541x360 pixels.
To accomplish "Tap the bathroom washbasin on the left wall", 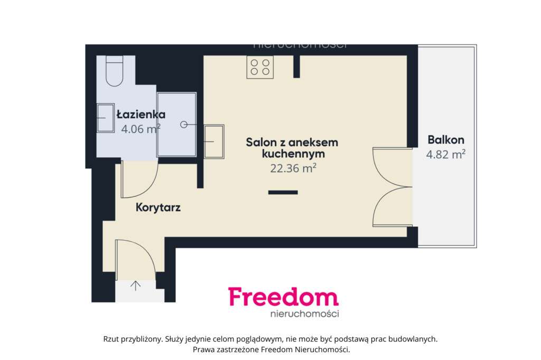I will [x=106, y=117].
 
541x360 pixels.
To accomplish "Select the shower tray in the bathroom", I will [x=176, y=125].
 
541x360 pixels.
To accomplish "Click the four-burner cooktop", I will [x=260, y=67].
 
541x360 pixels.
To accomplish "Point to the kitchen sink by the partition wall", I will [x=214, y=141].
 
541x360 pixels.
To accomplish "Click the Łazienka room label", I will [x=141, y=114].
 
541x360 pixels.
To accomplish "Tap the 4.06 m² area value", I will [x=141, y=128].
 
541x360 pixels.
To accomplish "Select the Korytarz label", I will [x=158, y=207].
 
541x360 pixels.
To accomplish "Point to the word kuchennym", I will [x=293, y=154].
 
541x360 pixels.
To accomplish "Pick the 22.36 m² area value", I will [x=293, y=168].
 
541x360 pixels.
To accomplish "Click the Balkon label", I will [x=446, y=140].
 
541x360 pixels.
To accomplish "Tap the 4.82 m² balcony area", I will [x=446, y=154].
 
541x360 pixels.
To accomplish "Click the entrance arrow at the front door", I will [x=135, y=286].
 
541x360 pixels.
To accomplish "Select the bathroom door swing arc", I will [x=139, y=179].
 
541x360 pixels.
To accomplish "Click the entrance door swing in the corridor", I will [x=135, y=259].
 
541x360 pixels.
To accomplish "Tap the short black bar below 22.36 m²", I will [x=283, y=192].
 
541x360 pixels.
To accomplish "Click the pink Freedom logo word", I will [x=283, y=297].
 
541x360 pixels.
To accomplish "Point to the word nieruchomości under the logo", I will [x=304, y=314].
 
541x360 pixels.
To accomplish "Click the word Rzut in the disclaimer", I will [x=113, y=339].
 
